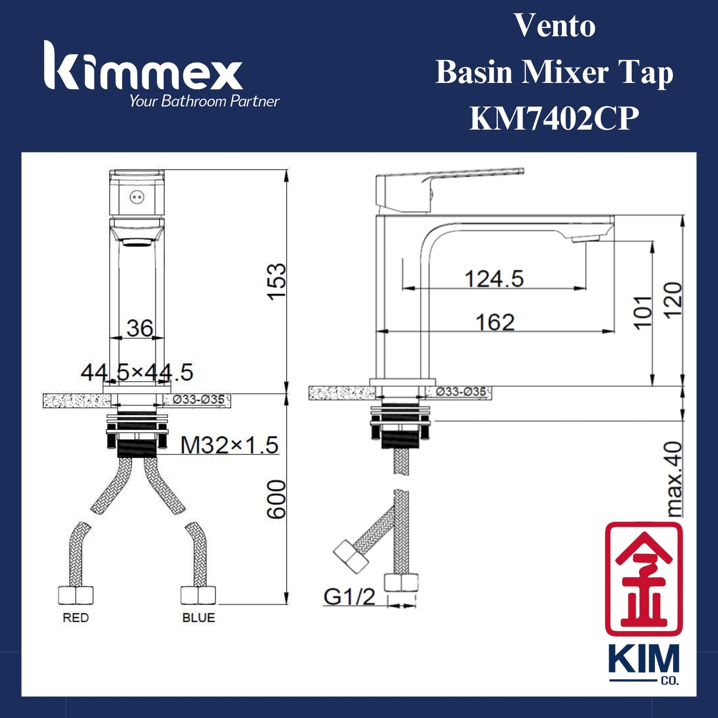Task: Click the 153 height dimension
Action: coord(276,282)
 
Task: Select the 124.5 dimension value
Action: coord(494,279)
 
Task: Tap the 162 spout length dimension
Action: coord(495,322)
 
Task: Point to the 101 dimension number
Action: coord(643,314)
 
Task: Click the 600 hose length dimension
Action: coord(276,499)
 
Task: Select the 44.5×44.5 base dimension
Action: coord(137,372)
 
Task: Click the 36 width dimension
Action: coord(140,328)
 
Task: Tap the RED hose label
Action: coord(76,618)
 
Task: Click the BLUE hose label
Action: coord(199,618)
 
